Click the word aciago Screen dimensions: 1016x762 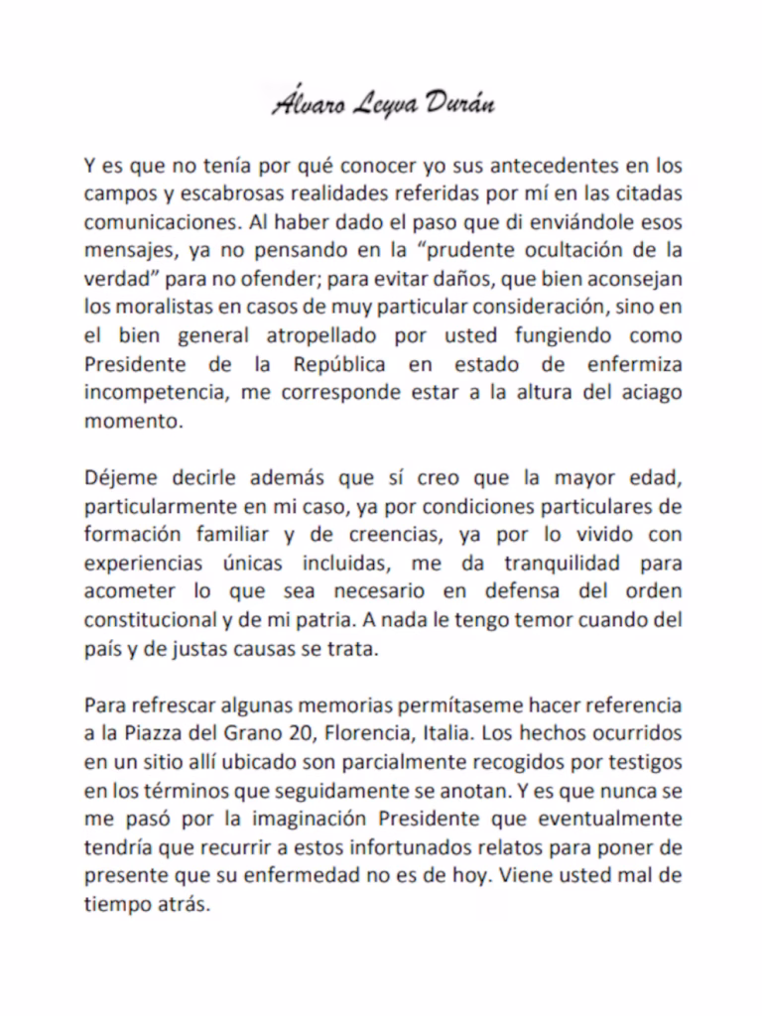click(x=649, y=393)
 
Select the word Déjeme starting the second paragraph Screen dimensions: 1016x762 click(x=117, y=478)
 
